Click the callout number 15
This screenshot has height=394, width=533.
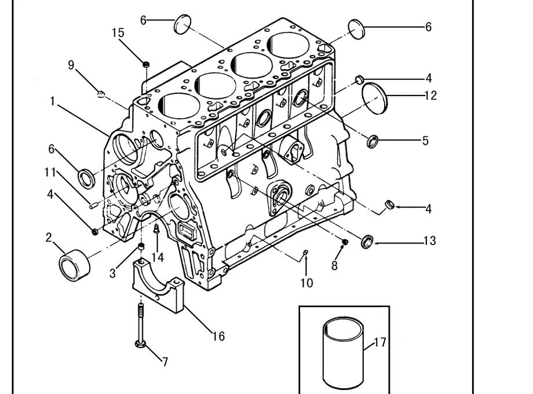(x=118, y=32)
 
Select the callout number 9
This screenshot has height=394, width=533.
(x=71, y=64)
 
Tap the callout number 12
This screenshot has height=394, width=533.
(x=430, y=96)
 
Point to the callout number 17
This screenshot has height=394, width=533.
(x=381, y=342)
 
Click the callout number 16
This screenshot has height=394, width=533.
(x=218, y=336)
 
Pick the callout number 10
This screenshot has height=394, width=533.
(x=306, y=283)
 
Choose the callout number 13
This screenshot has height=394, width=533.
(x=430, y=240)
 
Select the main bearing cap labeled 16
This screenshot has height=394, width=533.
(x=158, y=286)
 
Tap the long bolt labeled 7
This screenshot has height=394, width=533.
(x=140, y=326)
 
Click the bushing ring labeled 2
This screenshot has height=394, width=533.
(x=74, y=265)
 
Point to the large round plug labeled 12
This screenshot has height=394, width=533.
(x=374, y=99)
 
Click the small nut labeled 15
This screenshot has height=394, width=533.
(x=146, y=64)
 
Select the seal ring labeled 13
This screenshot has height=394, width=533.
(x=367, y=242)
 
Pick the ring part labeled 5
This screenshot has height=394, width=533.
(x=373, y=141)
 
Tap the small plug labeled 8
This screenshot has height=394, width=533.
(x=345, y=242)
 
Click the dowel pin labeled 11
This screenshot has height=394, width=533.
(x=94, y=205)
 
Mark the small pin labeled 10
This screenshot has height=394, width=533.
(x=305, y=252)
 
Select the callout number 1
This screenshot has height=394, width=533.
(x=52, y=101)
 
